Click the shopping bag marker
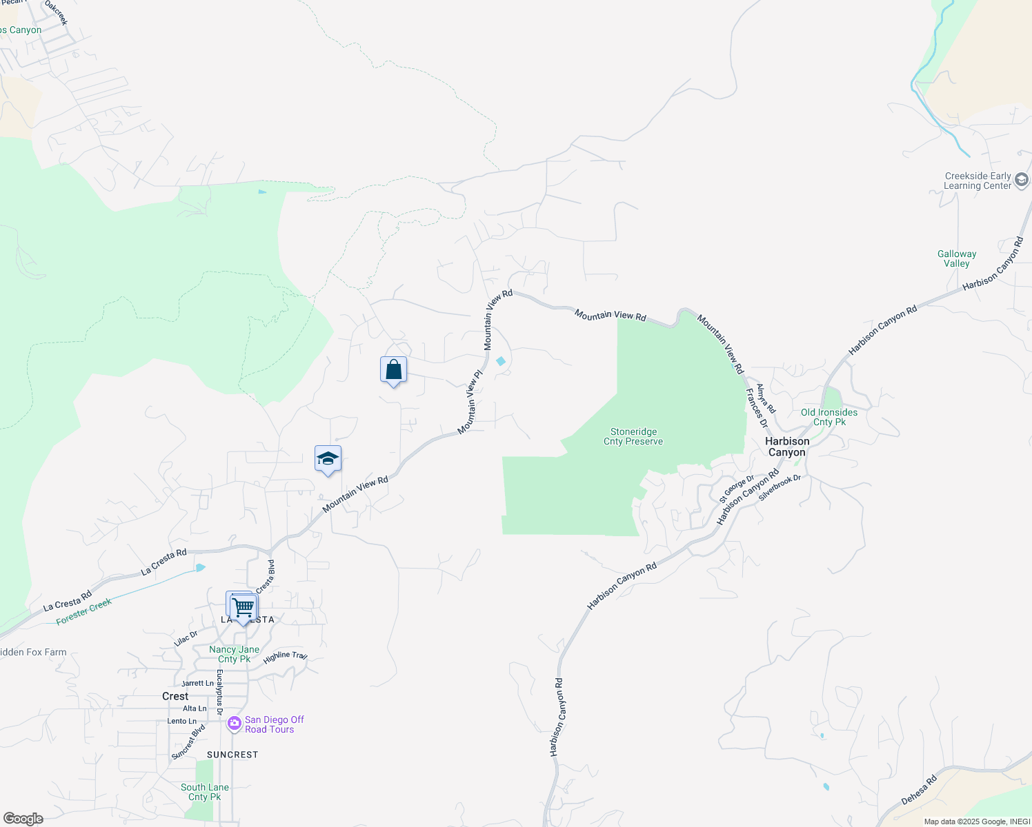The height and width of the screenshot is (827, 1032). coord(393,370)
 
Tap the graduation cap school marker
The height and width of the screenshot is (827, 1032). coord(328,459)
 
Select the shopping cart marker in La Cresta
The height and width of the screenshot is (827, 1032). coord(243,608)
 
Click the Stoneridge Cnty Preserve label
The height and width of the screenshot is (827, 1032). coord(633,437)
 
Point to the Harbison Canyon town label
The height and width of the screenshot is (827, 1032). coord(787,447)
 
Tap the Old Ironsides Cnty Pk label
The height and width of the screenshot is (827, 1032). coord(829,417)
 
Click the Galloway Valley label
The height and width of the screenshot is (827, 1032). coord(957,258)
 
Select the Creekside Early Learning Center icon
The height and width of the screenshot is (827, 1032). coord(1022,181)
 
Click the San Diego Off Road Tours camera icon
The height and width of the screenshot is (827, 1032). coord(234,724)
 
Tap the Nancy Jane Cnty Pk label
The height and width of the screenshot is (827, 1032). coord(235,654)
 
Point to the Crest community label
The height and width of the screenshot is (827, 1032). coord(175,696)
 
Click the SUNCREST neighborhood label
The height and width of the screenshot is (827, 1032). coord(232,755)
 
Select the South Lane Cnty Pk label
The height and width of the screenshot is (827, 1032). coord(205,792)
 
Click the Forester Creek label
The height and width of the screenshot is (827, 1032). coord(83,612)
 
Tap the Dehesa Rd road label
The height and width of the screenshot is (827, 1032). coord(919,790)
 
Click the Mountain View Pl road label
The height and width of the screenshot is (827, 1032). coord(470,402)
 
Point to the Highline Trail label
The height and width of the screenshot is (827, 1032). coord(285,656)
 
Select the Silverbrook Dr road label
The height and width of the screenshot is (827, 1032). coord(780,487)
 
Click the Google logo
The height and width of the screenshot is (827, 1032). coord(23,819)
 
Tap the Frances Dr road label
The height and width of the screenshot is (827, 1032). coord(757,407)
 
